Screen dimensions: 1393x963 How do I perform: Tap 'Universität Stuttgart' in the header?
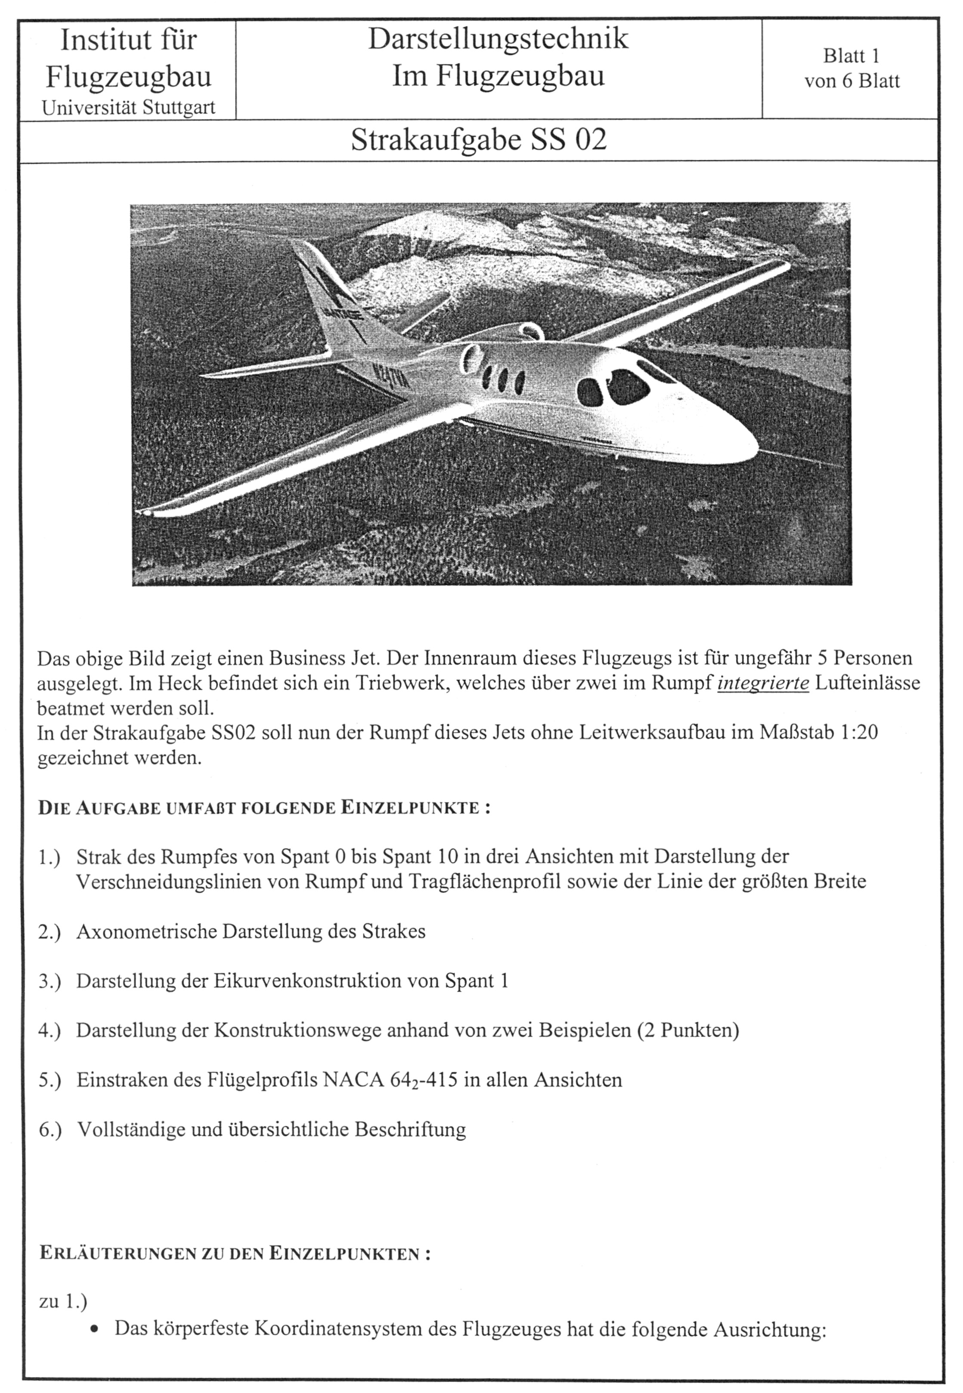tap(129, 108)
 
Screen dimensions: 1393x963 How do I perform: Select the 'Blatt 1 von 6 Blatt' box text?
tap(852, 68)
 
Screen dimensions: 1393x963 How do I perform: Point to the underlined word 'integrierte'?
tap(763, 683)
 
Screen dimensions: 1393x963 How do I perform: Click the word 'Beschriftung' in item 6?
tap(410, 1129)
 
